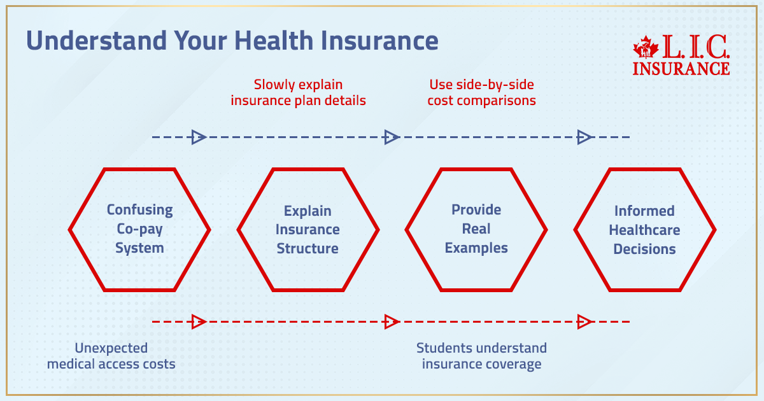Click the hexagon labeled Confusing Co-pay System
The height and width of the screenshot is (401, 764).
(139, 229)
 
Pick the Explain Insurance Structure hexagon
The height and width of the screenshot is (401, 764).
(308, 229)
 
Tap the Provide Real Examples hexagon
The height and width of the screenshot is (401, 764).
(476, 229)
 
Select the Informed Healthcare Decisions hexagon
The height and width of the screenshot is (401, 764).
(644, 229)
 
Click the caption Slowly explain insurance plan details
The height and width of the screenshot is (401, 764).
(298, 92)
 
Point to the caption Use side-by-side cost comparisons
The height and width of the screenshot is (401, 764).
(481, 92)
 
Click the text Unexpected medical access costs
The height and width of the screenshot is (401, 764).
(111, 356)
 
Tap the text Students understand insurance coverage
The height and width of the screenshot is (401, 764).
(481, 356)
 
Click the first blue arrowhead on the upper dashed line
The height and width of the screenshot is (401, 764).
(199, 137)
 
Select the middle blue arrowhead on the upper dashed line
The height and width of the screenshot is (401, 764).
(392, 137)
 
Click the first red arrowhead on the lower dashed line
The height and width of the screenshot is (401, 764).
(199, 322)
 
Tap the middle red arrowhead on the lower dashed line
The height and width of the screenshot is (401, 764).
(392, 322)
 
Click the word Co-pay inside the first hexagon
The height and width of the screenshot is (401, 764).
(139, 229)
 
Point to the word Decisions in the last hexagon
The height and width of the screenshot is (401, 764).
(644, 249)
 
